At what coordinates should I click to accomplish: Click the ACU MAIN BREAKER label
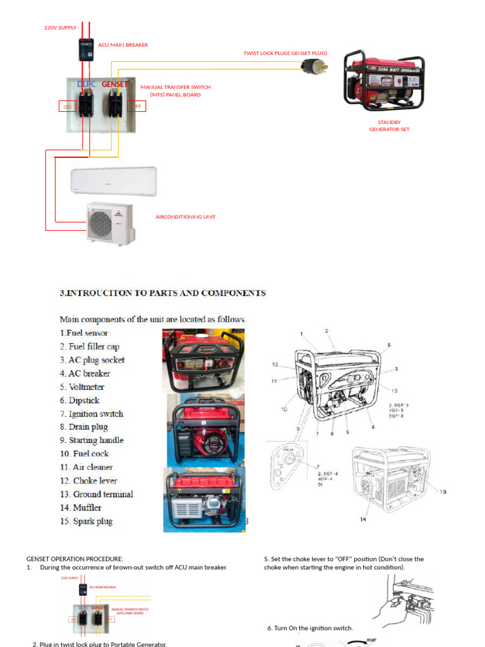tap(123, 45)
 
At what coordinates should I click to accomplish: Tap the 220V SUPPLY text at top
tap(60, 28)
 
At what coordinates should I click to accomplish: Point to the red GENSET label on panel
tap(114, 84)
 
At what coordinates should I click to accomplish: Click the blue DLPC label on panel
tap(87, 84)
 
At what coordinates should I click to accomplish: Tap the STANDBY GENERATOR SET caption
tap(389, 126)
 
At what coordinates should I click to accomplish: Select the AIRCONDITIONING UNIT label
tap(185, 217)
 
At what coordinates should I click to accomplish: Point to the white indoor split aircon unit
tap(113, 181)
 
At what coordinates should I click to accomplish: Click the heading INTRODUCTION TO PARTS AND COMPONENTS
tap(163, 293)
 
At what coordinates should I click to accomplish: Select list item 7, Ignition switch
tap(92, 414)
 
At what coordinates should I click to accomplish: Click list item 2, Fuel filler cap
tap(90, 346)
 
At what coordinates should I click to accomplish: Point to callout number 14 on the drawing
tap(363, 519)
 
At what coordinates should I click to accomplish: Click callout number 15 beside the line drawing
tap(443, 492)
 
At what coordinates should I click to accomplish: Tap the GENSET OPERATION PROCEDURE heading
tap(75, 559)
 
